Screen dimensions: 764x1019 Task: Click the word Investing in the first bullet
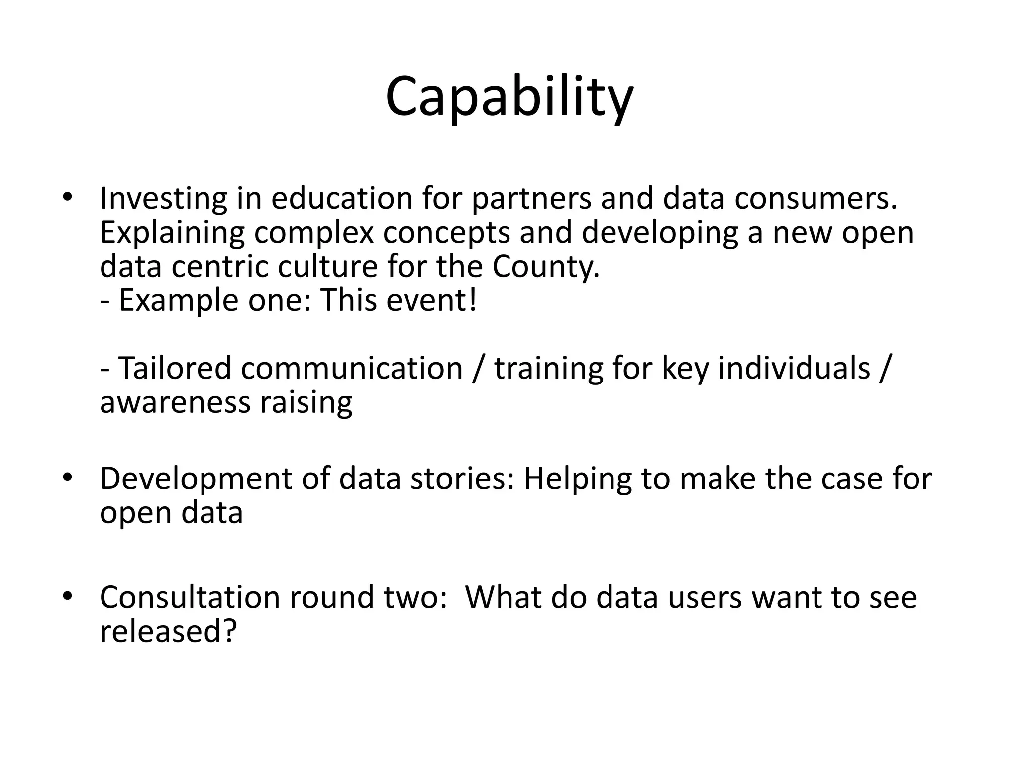pyautogui.click(x=163, y=199)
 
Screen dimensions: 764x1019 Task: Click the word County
pyautogui.click(x=546, y=267)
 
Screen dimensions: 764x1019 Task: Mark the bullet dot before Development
pyautogui.click(x=68, y=478)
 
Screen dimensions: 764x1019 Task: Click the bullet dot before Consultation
pyautogui.click(x=68, y=596)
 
